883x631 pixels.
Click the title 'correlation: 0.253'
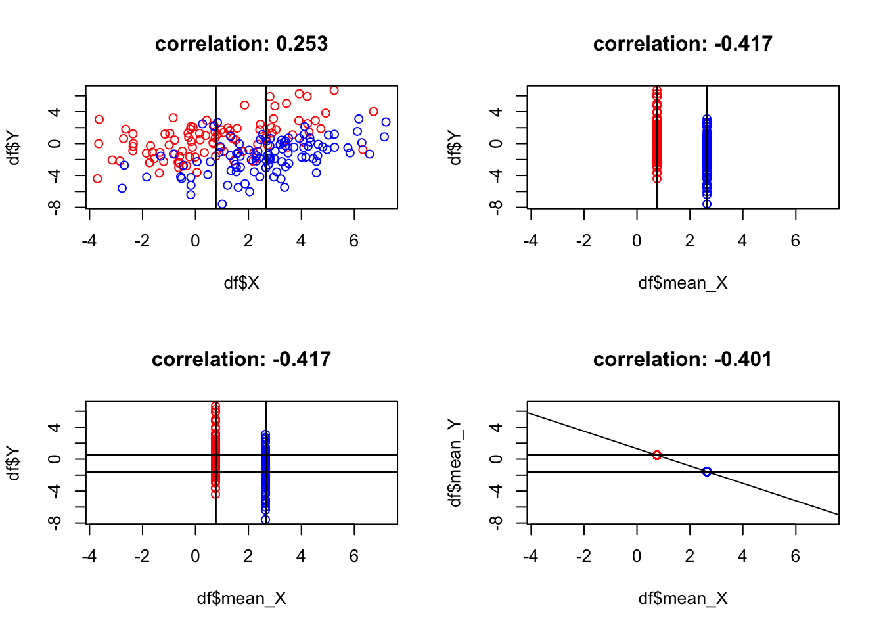coord(241,44)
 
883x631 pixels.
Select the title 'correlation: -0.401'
coord(682,360)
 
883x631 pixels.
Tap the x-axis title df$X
coord(241,283)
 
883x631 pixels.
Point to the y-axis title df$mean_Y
coord(455,463)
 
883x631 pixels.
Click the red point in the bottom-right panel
coord(657,455)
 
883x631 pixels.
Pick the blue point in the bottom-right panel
coord(707,471)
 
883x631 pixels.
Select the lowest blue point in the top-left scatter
coord(222,204)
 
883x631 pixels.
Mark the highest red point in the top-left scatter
coord(334,90)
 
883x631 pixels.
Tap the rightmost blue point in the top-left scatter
coord(386,122)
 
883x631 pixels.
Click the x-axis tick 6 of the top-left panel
coord(354,241)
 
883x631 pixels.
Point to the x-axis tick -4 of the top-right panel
coord(530,241)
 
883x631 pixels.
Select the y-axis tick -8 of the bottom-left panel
coord(55,523)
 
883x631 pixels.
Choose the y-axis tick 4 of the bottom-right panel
coord(497,427)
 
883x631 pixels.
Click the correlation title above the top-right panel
coord(682,44)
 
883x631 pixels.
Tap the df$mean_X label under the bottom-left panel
coord(241,598)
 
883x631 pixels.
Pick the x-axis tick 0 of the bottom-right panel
coord(637,557)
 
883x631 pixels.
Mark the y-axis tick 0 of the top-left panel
coord(55,143)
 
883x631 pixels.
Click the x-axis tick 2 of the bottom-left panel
coord(248,557)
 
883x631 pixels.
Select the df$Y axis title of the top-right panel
coord(455,148)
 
